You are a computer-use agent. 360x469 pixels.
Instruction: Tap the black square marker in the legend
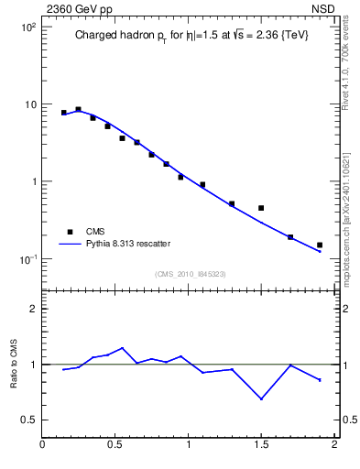click(67, 232)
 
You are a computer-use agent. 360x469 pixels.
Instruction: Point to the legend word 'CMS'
click(95, 232)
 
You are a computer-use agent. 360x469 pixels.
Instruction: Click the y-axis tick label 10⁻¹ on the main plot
click(25, 258)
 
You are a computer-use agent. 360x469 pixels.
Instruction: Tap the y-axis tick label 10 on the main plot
click(27, 104)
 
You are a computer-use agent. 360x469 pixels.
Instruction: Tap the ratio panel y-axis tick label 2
click(32, 309)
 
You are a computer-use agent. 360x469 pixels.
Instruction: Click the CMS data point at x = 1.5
click(261, 208)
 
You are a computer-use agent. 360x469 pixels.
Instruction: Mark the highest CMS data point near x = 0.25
click(79, 109)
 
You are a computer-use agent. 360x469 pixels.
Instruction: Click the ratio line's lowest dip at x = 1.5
click(261, 398)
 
